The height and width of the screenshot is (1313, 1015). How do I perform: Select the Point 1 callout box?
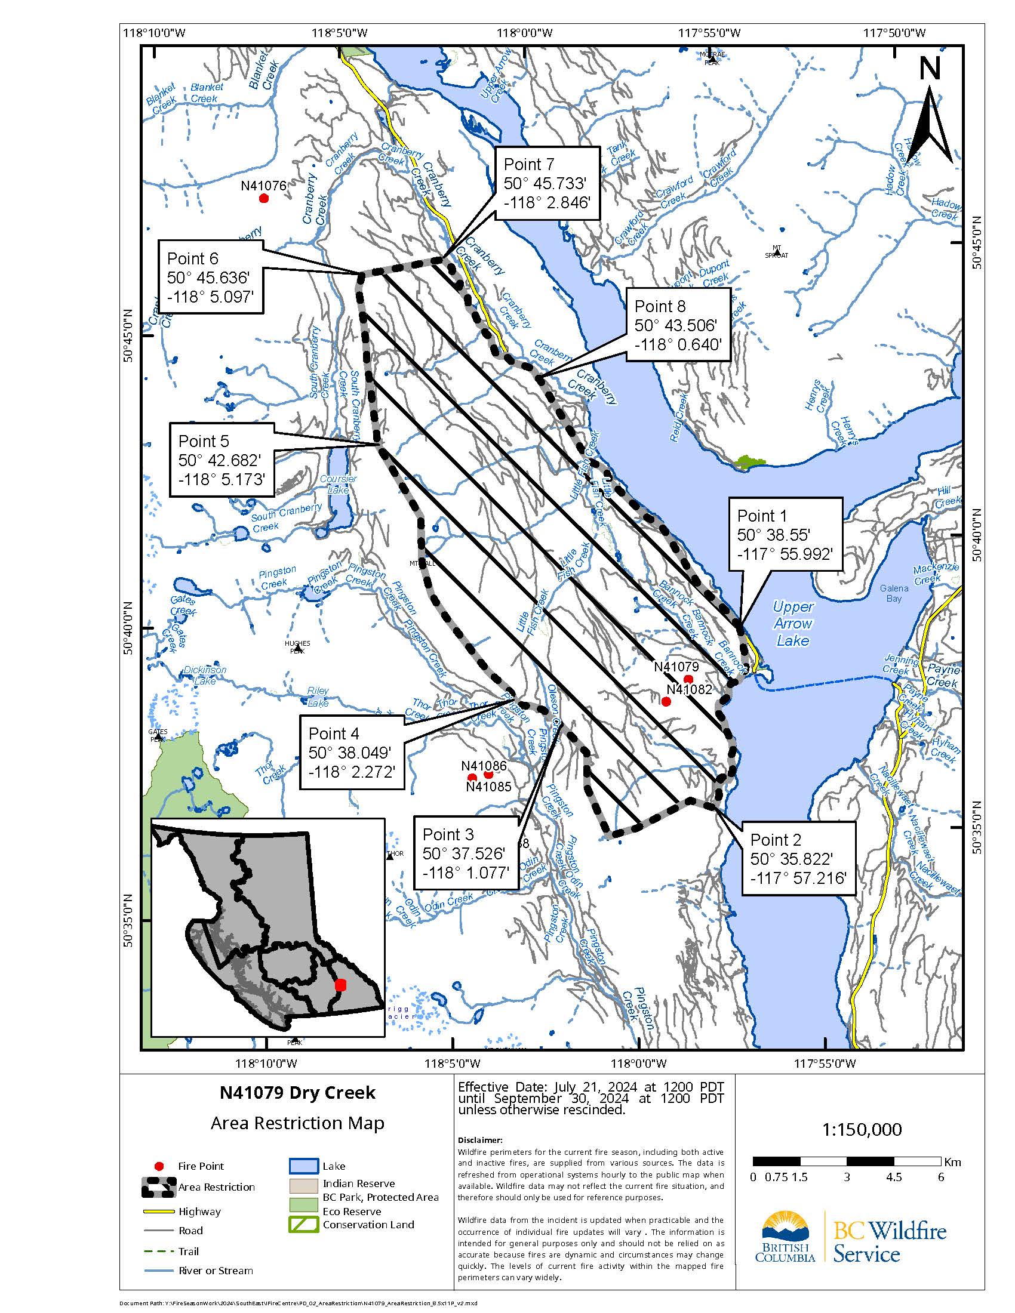pos(785,535)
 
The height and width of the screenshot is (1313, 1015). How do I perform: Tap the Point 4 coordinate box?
pos(351,752)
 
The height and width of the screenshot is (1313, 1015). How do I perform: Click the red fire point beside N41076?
pos(263,198)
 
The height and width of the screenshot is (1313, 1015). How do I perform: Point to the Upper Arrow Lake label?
pos(793,624)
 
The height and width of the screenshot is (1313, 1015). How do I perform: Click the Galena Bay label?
pos(894,593)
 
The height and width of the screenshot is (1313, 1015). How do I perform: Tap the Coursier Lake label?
pos(338,484)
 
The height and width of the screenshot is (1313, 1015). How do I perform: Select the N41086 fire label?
pos(484,765)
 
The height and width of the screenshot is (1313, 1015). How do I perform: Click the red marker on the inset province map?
pos(340,985)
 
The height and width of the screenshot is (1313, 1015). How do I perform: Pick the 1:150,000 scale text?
pos(862,1130)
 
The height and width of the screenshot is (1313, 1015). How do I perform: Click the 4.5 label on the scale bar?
pos(894,1177)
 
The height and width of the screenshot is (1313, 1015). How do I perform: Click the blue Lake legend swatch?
pos(303,1166)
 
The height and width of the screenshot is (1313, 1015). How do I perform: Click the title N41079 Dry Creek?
pos(297,1092)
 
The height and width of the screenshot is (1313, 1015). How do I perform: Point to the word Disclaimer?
pos(479,1140)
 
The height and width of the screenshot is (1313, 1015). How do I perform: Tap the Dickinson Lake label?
pos(205,675)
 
